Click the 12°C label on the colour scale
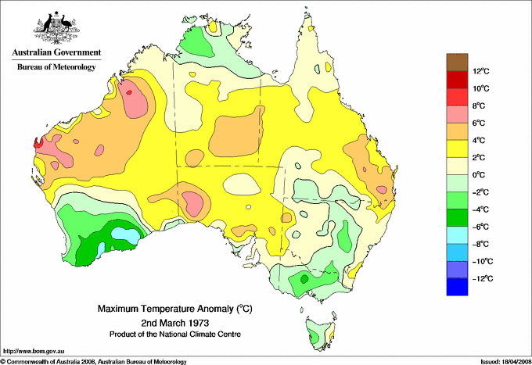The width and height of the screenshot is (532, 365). point(480,71)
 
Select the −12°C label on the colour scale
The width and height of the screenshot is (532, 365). point(479,278)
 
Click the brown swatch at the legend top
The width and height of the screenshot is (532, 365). point(457,62)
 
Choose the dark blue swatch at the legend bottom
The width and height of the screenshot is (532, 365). point(457,287)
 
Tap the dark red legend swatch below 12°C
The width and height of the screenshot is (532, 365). point(457,79)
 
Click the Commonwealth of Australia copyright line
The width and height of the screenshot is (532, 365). point(94,361)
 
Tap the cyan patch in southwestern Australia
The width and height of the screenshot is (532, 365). point(124,232)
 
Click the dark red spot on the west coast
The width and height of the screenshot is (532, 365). point(35,143)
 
